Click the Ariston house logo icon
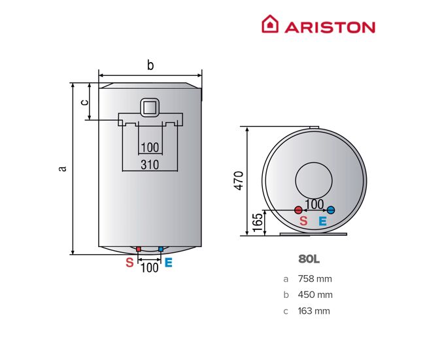[x=270, y=24]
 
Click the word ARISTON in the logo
[x=330, y=27]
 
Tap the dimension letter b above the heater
[x=150, y=65]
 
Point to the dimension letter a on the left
[x=63, y=168]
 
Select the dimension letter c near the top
[x=84, y=102]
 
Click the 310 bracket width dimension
[x=150, y=165]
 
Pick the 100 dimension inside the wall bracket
[x=150, y=148]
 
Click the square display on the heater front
[x=149, y=107]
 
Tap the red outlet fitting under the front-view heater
[x=139, y=249]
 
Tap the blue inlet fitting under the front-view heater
[x=161, y=249]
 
